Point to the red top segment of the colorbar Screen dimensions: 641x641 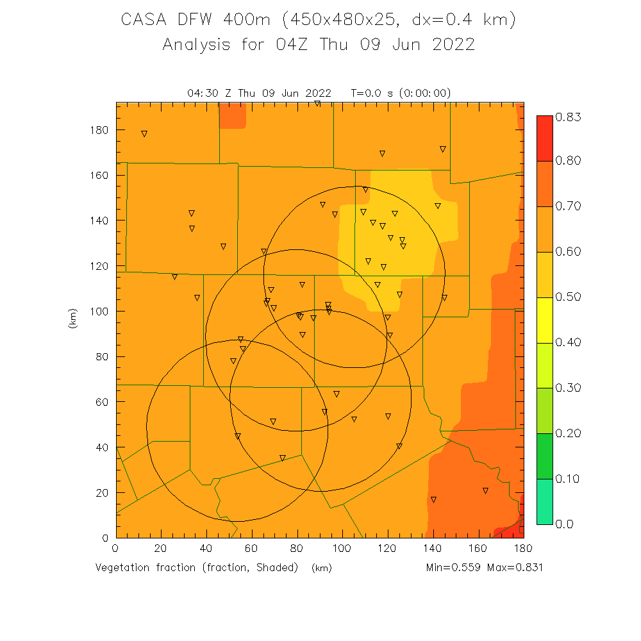[544, 138]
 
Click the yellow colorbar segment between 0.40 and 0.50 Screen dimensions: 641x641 [544, 320]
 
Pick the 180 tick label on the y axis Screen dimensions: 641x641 [99, 130]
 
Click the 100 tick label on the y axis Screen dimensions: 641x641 [99, 312]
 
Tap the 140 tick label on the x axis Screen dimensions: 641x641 [433, 549]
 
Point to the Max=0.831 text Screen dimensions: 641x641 [515, 568]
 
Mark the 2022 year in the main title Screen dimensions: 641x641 [454, 45]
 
